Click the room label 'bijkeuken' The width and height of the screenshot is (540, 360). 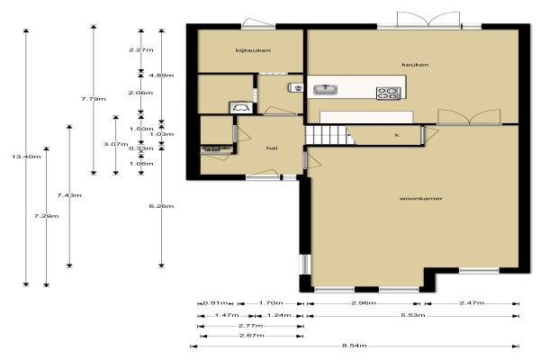pos(253,50)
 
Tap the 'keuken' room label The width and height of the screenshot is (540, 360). pos(415,65)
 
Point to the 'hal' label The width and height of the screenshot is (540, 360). pos(272,148)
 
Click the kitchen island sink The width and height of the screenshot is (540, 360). pos(325,90)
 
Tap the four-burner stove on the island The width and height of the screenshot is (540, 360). pos(389,94)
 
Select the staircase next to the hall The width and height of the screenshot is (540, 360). pos(329,135)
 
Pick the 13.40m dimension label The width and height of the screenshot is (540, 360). pos(26,157)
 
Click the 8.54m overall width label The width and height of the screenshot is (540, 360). pos(355,346)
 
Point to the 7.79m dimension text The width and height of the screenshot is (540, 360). pos(94,99)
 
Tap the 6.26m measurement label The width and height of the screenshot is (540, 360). pos(161,206)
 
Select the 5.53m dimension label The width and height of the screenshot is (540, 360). pos(412,315)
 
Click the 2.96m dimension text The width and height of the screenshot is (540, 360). pos(364,303)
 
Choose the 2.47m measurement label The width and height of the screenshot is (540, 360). pos(472,303)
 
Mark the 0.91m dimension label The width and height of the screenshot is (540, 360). pos(215,303)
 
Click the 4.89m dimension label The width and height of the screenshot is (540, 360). pos(161,75)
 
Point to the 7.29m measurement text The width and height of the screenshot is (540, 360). pos(46,216)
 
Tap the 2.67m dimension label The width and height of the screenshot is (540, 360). pos(252,336)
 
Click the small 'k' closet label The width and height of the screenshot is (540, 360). pos(397,135)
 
